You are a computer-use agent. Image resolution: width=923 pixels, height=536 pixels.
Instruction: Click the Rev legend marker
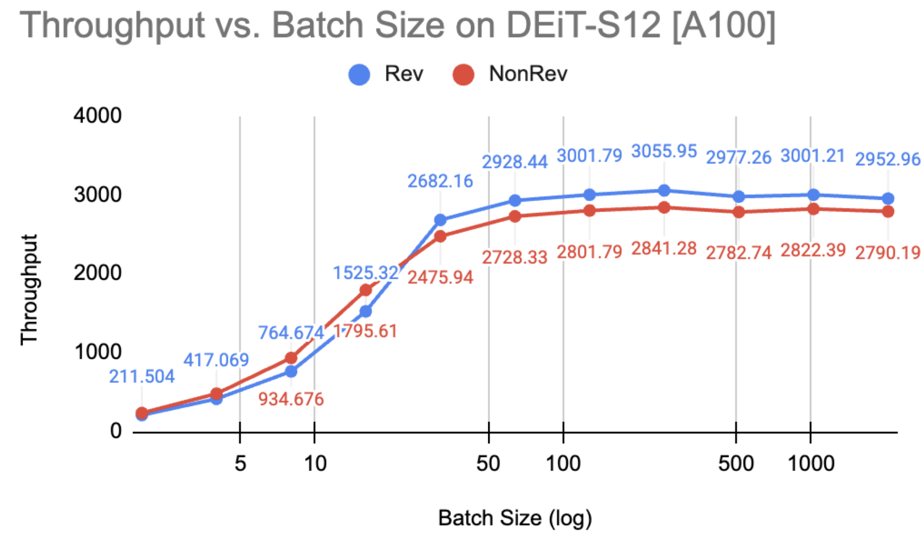point(359,74)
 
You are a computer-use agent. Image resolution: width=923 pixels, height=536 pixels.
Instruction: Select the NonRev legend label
point(528,73)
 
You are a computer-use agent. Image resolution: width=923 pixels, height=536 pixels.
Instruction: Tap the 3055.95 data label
point(664,151)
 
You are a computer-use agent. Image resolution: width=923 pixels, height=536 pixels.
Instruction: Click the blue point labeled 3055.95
point(664,190)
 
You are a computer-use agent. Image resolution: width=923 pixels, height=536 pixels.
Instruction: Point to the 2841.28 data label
point(664,248)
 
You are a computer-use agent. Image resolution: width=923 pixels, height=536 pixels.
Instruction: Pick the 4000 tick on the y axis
point(97,116)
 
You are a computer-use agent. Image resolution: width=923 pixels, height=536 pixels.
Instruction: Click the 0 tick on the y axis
point(116,430)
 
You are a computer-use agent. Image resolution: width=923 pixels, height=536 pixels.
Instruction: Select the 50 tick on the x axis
point(488,464)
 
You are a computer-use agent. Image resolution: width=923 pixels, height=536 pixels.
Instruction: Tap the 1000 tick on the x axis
point(810,464)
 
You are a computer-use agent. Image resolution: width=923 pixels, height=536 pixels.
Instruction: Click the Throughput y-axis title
point(29,289)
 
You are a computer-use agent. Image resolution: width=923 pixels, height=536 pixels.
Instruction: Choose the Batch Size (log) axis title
point(515,518)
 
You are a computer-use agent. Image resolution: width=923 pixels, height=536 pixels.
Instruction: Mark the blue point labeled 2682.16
point(440,220)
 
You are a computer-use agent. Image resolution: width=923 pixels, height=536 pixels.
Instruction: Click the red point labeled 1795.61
point(365,290)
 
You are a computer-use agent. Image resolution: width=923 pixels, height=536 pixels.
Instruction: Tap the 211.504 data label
point(142,376)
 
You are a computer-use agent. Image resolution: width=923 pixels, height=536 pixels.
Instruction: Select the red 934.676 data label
point(291,399)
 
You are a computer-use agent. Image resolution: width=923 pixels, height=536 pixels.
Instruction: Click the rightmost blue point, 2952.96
point(888,198)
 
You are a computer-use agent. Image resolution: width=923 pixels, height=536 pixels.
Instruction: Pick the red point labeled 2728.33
point(515,216)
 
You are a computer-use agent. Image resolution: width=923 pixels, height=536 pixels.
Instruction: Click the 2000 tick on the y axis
point(97,273)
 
